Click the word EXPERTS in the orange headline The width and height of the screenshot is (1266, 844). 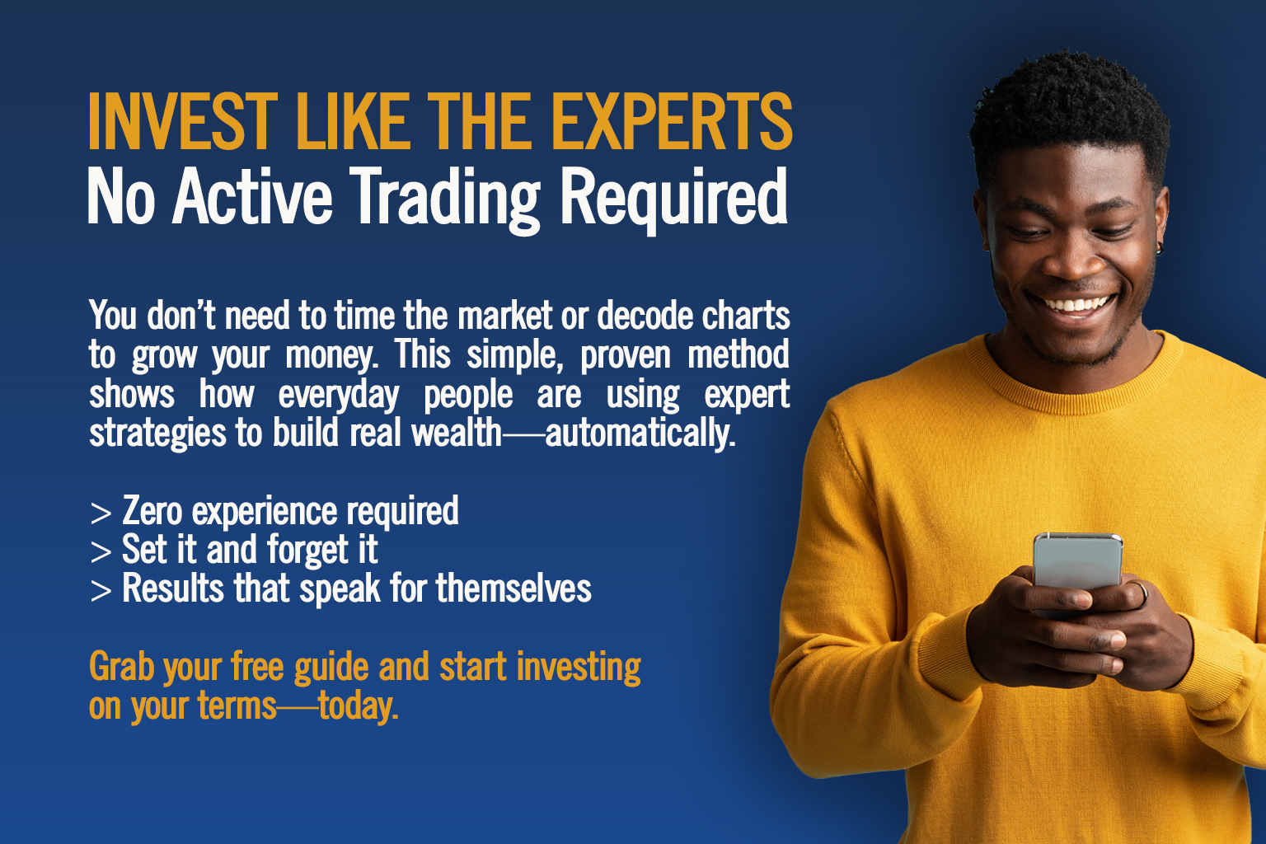pos(672,121)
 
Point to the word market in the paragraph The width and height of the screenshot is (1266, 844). pos(504,316)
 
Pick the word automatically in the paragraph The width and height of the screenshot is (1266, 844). pos(640,434)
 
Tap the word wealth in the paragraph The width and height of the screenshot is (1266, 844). pos(457,433)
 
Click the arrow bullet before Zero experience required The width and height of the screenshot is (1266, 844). pos(101,513)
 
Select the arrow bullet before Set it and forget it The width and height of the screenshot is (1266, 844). pos(101,551)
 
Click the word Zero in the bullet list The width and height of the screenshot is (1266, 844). pos(152,510)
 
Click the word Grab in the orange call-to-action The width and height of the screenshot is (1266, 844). pos(121,667)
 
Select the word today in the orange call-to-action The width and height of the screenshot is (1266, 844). pos(358,706)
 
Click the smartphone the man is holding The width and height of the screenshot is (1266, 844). pos(1077,562)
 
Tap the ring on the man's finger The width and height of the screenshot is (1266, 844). pos(1142,593)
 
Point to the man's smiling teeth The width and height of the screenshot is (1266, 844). pos(1076,305)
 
